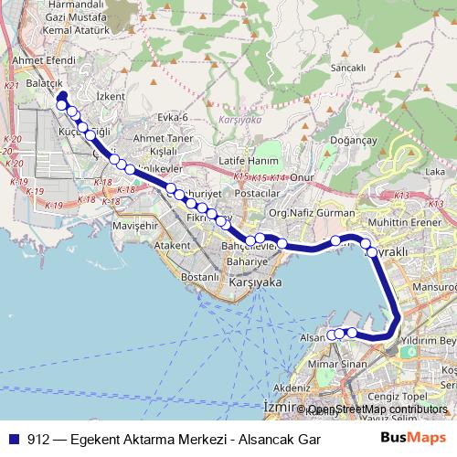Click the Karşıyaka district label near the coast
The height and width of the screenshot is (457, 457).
click(x=254, y=283)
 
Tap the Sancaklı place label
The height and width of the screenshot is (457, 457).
click(x=348, y=68)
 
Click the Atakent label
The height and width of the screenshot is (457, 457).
click(x=171, y=245)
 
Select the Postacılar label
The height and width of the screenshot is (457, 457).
click(x=257, y=194)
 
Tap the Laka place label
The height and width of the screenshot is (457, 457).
click(x=435, y=171)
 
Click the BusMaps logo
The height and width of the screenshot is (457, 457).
click(x=412, y=437)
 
